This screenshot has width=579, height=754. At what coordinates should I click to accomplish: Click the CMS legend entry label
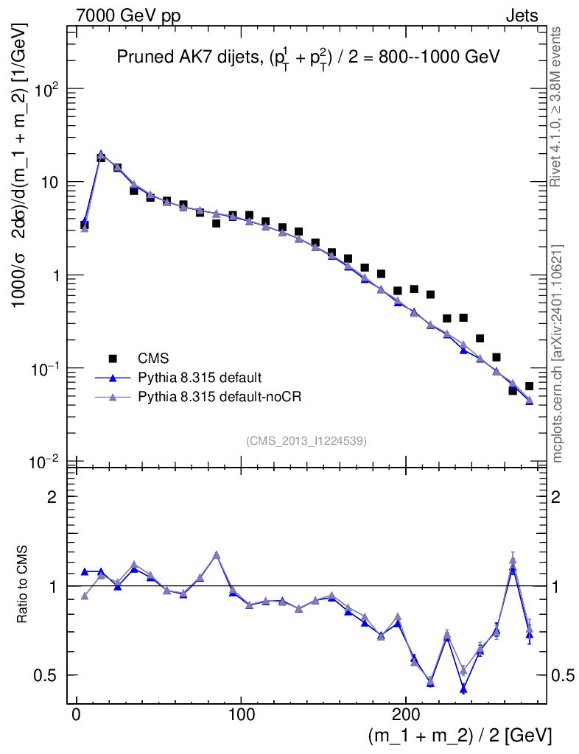point(153,359)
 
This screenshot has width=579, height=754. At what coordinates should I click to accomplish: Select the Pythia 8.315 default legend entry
point(199,378)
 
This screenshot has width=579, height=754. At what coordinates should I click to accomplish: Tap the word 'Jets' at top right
point(521,16)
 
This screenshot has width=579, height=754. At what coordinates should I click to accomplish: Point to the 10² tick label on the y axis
point(46,89)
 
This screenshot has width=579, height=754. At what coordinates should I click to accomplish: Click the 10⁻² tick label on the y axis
point(45,462)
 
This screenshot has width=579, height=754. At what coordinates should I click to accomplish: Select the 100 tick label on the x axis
point(240,714)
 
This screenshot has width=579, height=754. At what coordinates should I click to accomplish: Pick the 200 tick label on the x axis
point(405,714)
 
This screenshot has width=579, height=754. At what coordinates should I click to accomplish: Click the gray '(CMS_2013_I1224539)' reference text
point(306,440)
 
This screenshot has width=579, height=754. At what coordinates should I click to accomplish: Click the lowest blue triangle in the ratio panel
point(463,689)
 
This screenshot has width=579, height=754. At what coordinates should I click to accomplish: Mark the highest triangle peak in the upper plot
point(101,155)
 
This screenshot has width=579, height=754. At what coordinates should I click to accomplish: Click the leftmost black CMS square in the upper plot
point(84,225)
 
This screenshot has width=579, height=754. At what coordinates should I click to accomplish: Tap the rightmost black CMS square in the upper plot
point(529,386)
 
